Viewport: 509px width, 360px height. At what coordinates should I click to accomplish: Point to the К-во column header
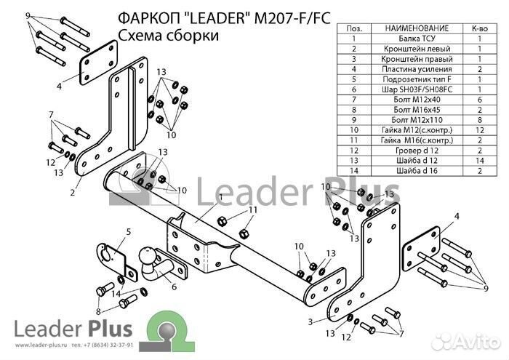click(481, 28)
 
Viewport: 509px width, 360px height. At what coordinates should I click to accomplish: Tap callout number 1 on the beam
click(218, 197)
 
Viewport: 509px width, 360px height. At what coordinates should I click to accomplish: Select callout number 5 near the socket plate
click(127, 232)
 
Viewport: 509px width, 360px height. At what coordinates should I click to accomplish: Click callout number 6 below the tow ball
click(174, 287)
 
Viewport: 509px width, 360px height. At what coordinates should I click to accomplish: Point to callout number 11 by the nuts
click(252, 211)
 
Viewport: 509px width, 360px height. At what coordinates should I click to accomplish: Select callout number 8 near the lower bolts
click(99, 291)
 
